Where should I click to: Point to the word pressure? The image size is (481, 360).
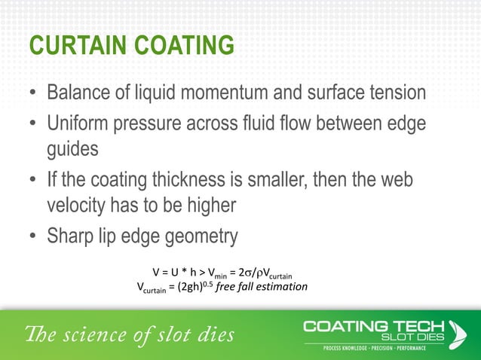coord(164,122)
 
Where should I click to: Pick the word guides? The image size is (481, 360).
coord(73,148)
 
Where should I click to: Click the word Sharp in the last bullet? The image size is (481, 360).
coord(73,236)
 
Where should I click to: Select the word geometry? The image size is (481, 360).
coord(202,236)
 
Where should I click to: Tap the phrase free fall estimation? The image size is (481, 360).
coord(262,287)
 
